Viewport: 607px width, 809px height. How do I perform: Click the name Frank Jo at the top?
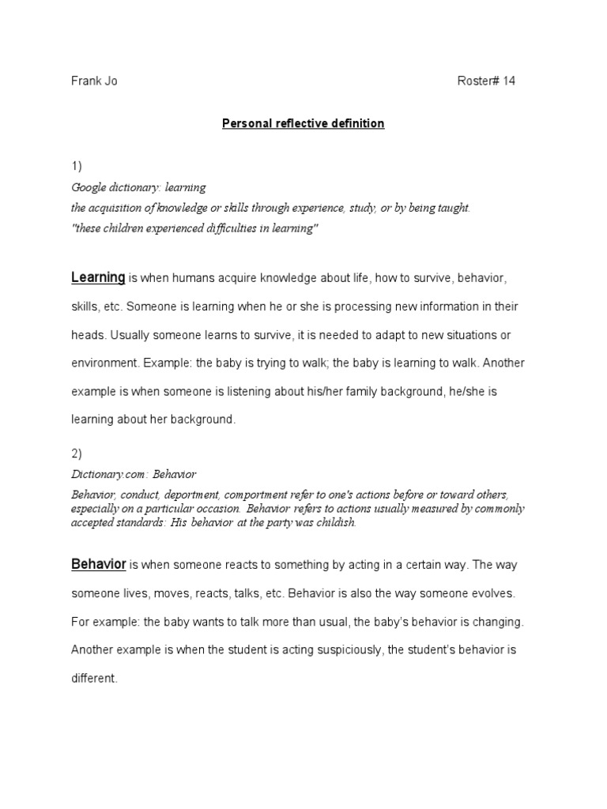pos(94,81)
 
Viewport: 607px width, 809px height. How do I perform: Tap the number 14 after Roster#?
pos(507,81)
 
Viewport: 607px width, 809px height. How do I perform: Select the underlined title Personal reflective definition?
pos(303,124)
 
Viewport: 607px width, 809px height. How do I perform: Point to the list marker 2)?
pos(77,454)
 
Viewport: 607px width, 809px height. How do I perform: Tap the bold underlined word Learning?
pos(98,277)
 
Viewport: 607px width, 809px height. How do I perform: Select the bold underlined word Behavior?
pos(99,565)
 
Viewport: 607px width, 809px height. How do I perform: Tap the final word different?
pos(93,679)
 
